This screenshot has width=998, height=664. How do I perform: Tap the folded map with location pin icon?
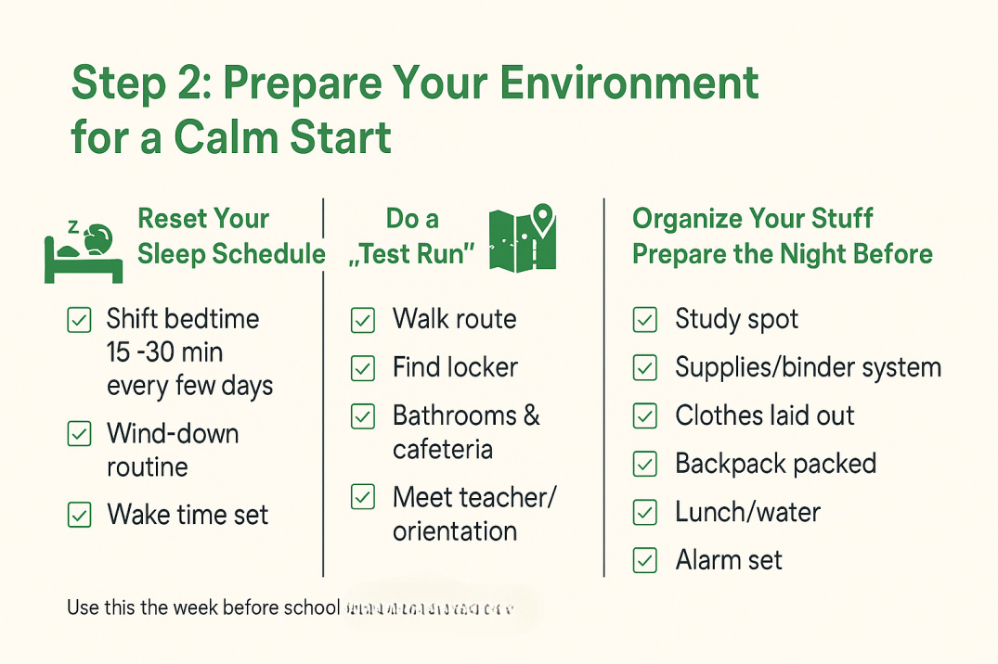(x=522, y=238)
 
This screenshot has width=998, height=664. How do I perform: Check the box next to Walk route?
(x=362, y=321)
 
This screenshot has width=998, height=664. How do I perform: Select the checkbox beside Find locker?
(x=362, y=369)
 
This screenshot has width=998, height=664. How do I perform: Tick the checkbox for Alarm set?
(x=644, y=560)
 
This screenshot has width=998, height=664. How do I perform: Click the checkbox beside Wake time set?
(x=80, y=515)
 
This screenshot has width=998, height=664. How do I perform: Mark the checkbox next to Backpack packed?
(x=644, y=464)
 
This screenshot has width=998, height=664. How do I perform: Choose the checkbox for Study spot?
(x=644, y=320)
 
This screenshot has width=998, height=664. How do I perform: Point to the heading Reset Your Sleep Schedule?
(x=230, y=236)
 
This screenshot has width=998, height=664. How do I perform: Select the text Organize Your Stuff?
(x=753, y=219)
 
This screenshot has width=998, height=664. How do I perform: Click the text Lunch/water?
(x=747, y=512)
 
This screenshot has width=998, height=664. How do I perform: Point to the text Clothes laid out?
(x=764, y=415)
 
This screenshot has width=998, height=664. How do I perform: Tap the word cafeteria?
(x=442, y=450)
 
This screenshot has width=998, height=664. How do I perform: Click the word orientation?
(x=455, y=531)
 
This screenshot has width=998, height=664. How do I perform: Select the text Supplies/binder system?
(x=808, y=367)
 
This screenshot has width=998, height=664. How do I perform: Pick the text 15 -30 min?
(x=164, y=352)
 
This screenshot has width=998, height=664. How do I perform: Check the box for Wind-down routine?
(x=80, y=433)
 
